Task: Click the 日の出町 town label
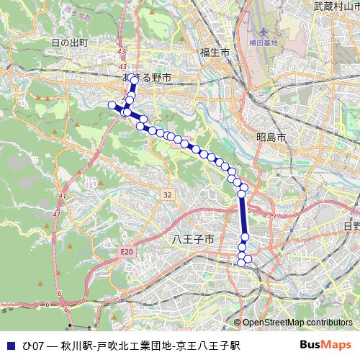[x=70, y=43]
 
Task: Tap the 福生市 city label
[x=215, y=53]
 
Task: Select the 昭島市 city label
[x=271, y=137]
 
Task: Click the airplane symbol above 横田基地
[x=262, y=32]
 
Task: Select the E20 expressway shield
[x=127, y=251]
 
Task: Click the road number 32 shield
[x=167, y=194]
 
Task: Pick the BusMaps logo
[x=325, y=345]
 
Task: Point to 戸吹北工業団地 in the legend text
[x=135, y=346]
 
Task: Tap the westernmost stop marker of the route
[x=112, y=106]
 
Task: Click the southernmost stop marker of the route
[x=241, y=263]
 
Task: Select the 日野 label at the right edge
[x=351, y=226]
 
